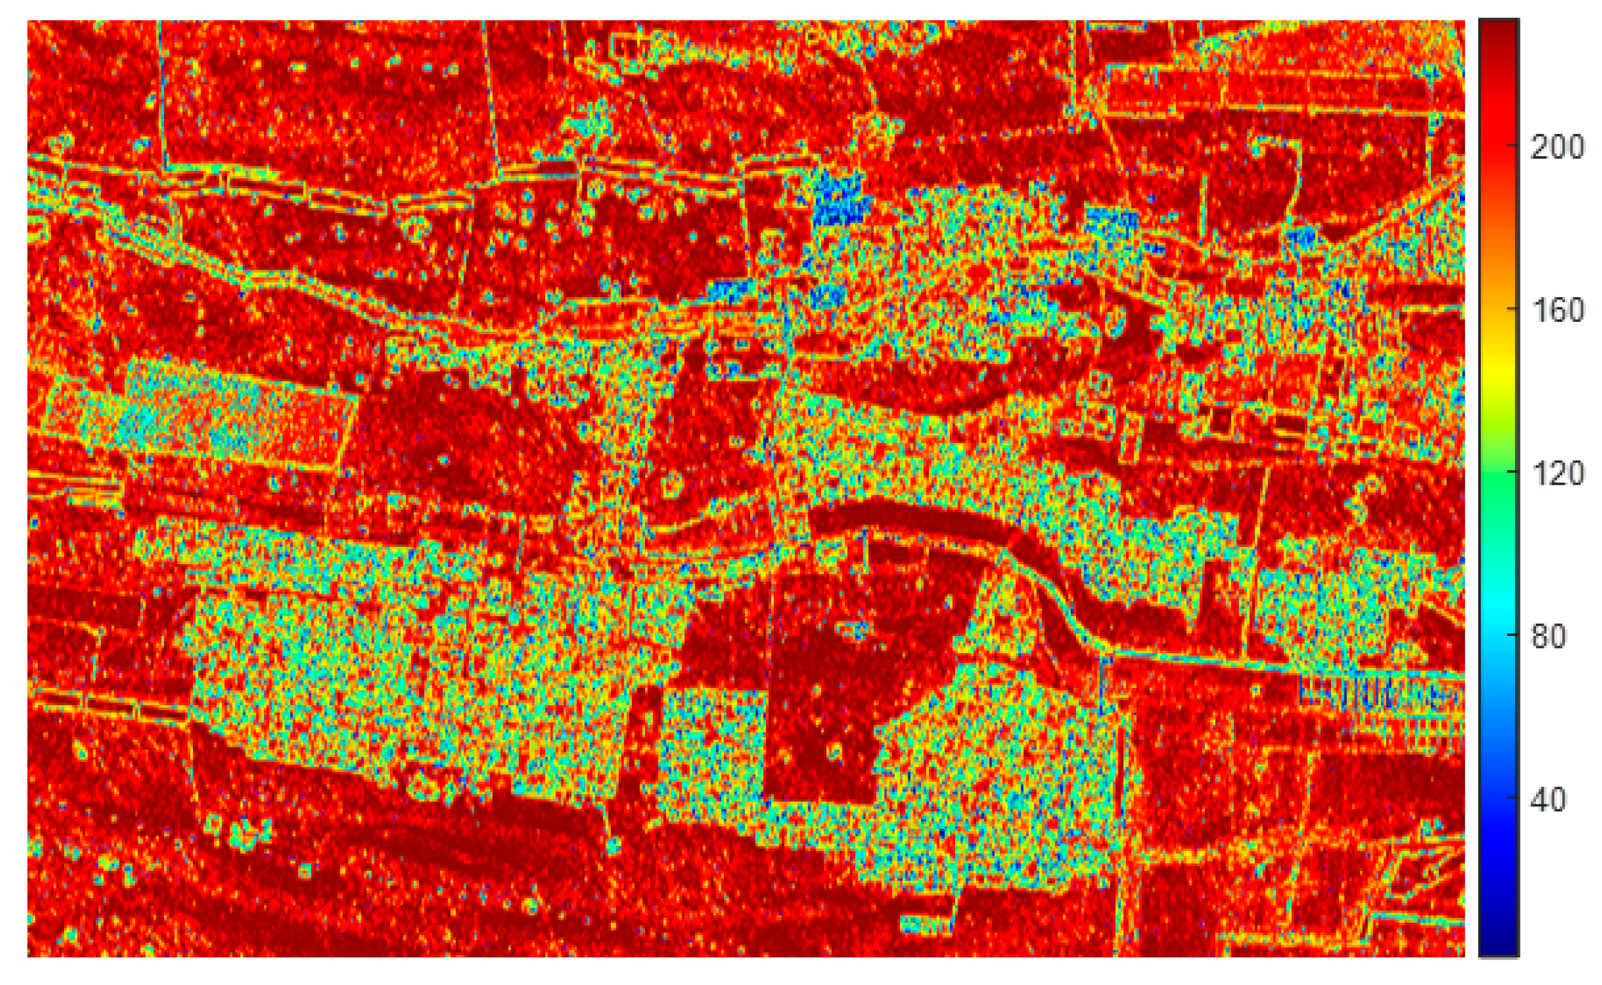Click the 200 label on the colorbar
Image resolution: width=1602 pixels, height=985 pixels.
pyautogui.click(x=1557, y=149)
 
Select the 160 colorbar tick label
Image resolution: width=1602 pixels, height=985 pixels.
pyautogui.click(x=1557, y=311)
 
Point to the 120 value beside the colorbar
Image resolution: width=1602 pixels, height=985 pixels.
pyautogui.click(x=1557, y=474)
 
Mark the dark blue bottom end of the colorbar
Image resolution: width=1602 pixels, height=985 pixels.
pyautogui.click(x=1499, y=945)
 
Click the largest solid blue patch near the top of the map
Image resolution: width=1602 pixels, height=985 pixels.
pyautogui.click(x=840, y=199)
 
